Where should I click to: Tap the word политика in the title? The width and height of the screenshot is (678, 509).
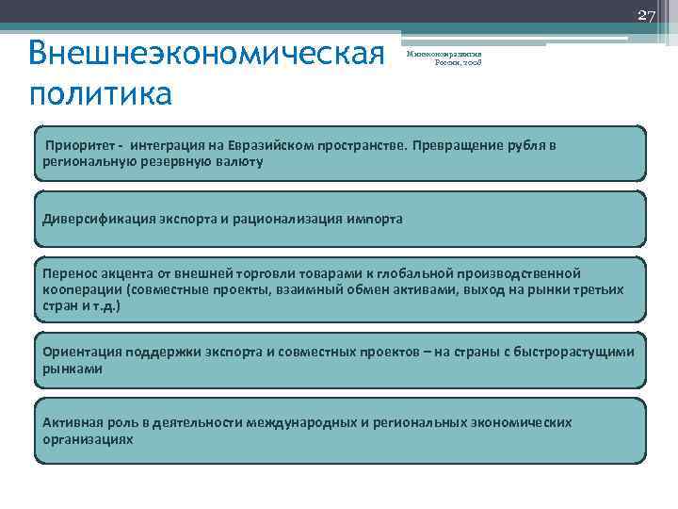pyautogui.click(x=101, y=94)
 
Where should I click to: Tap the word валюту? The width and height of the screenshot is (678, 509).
pyautogui.click(x=239, y=162)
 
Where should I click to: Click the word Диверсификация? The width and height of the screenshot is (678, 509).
pyautogui.click(x=100, y=219)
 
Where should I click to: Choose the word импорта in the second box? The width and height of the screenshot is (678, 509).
pyautogui.click(x=373, y=219)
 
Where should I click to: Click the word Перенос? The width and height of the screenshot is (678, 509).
pyautogui.click(x=70, y=272)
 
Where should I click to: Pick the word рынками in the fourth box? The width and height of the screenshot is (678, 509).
pyautogui.click(x=73, y=369)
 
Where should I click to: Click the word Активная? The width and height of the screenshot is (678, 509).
pyautogui.click(x=73, y=422)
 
